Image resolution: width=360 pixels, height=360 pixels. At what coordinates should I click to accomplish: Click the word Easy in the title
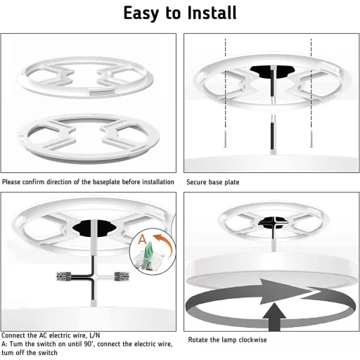141,14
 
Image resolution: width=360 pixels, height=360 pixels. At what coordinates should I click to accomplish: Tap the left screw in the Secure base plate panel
225,139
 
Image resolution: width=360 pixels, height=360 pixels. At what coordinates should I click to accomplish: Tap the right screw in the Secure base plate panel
311,139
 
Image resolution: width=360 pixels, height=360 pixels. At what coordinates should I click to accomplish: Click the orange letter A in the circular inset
142,239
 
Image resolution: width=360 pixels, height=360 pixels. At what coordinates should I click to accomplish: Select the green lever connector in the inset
149,252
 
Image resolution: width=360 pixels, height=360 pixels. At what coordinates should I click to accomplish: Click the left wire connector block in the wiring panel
64,276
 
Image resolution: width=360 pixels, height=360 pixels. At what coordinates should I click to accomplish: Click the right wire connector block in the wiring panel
122,276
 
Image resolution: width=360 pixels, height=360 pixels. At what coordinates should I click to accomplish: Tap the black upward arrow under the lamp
274,317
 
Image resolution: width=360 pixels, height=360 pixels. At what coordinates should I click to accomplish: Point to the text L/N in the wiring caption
95,335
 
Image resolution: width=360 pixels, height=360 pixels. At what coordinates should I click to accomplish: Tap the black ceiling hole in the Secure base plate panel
272,71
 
